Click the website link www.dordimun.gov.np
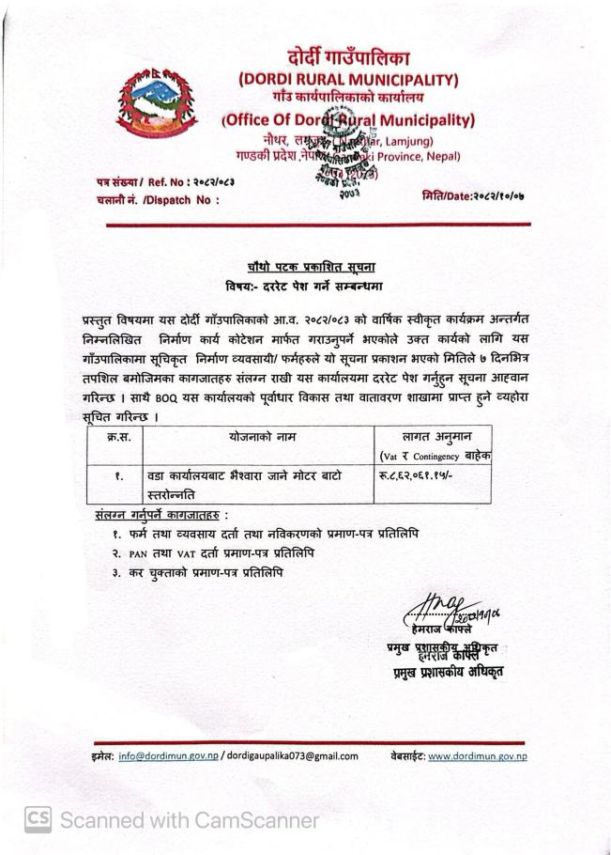click(x=477, y=755)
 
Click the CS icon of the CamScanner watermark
click(x=37, y=819)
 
